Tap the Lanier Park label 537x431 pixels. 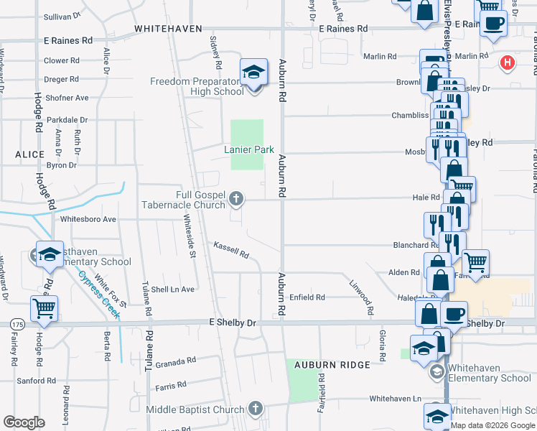(x=249, y=149)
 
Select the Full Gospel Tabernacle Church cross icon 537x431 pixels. (x=235, y=197)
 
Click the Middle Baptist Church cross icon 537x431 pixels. (x=255, y=409)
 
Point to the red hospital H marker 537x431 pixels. (x=508, y=63)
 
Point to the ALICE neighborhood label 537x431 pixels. (x=29, y=154)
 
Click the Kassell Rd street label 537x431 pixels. (x=230, y=250)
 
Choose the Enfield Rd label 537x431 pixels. (x=307, y=297)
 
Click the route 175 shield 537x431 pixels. (x=17, y=325)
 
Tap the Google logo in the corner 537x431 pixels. (x=24, y=422)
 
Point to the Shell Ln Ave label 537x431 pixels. (x=172, y=289)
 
